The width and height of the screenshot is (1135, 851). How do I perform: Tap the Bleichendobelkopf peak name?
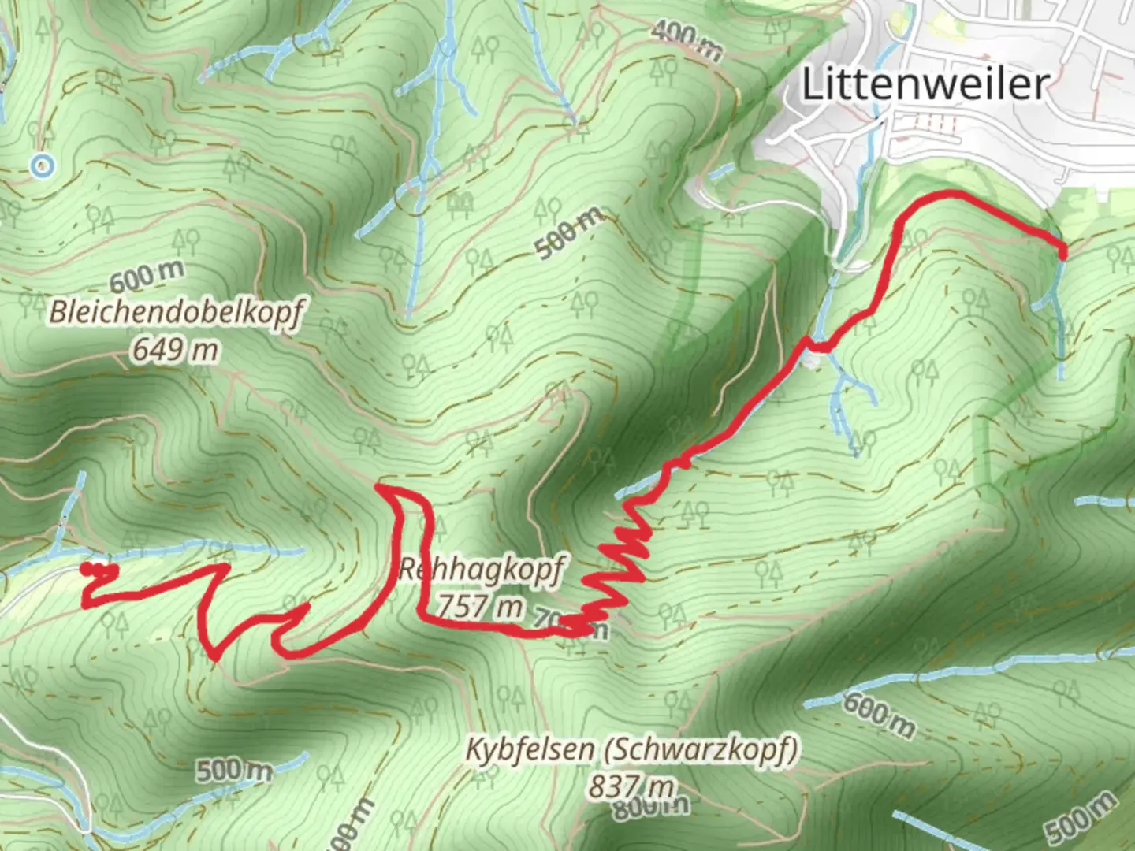[x=176, y=312]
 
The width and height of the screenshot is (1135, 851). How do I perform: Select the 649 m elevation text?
[x=175, y=347]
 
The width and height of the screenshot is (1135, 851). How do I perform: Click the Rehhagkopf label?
[x=481, y=570]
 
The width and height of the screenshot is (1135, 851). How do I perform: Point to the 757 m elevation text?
[x=479, y=606]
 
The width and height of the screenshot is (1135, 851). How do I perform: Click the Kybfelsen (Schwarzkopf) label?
[x=631, y=749]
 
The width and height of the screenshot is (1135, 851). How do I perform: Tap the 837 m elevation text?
[x=631, y=786]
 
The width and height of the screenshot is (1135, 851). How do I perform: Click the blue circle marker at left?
[x=42, y=165]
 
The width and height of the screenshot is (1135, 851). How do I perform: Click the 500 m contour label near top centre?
[x=570, y=232]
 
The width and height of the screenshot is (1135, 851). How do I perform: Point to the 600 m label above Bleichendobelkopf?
[x=147, y=277]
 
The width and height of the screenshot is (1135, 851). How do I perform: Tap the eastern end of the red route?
[x=1062, y=253]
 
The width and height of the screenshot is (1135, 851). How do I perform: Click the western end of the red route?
[x=86, y=567]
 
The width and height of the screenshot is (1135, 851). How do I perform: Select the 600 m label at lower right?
[x=879, y=714]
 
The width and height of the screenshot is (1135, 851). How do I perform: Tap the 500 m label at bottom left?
[x=234, y=770]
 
